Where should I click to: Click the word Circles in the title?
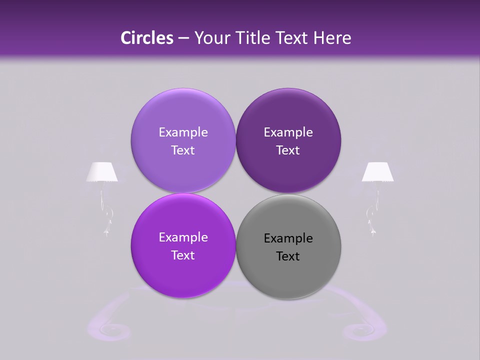click(x=146, y=38)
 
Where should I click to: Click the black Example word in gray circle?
click(x=288, y=238)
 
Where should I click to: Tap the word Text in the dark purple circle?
click(x=288, y=150)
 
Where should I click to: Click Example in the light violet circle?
click(x=183, y=132)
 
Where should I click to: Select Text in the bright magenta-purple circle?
click(x=183, y=255)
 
